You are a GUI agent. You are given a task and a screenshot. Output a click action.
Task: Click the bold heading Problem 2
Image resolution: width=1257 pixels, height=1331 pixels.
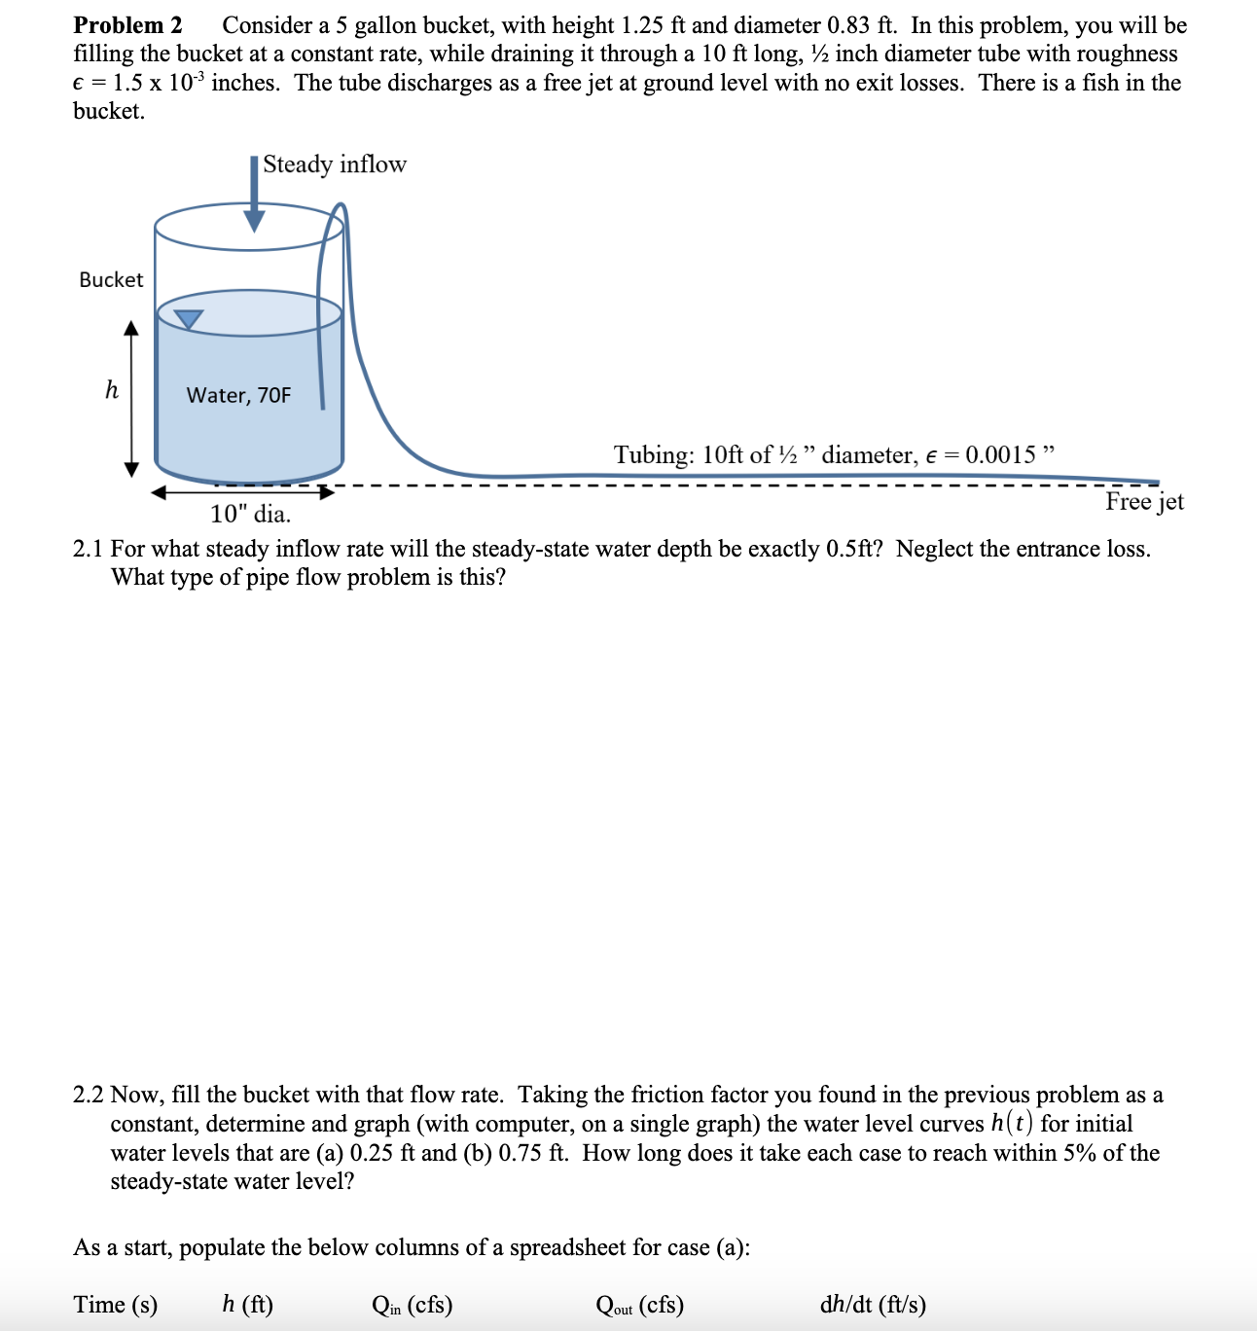[x=127, y=25]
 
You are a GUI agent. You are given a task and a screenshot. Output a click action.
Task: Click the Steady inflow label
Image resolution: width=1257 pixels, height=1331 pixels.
[x=334, y=164]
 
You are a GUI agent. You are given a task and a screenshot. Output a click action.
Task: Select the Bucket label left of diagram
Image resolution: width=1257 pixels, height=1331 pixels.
[x=111, y=280]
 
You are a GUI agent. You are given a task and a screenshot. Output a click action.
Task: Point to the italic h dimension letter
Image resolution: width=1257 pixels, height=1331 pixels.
[x=112, y=391]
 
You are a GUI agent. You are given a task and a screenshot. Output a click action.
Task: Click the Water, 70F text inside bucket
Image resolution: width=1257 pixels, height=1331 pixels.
[x=238, y=395]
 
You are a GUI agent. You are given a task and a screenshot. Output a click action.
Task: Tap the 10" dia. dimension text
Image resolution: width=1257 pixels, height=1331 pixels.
[x=250, y=514]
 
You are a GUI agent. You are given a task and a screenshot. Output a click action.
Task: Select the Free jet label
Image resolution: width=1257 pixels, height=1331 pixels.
[x=1144, y=502]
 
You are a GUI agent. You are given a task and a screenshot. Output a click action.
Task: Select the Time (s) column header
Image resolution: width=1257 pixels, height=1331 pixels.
[x=115, y=1305]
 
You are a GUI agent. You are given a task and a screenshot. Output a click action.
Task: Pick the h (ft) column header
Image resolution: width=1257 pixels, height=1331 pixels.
[x=247, y=1305]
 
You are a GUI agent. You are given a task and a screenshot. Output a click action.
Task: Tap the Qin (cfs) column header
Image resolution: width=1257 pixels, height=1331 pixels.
[x=412, y=1305]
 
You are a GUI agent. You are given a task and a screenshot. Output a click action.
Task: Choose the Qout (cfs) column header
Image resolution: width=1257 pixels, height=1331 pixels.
[x=639, y=1305]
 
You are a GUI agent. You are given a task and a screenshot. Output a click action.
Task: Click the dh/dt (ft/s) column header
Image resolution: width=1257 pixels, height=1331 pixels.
[x=873, y=1305]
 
